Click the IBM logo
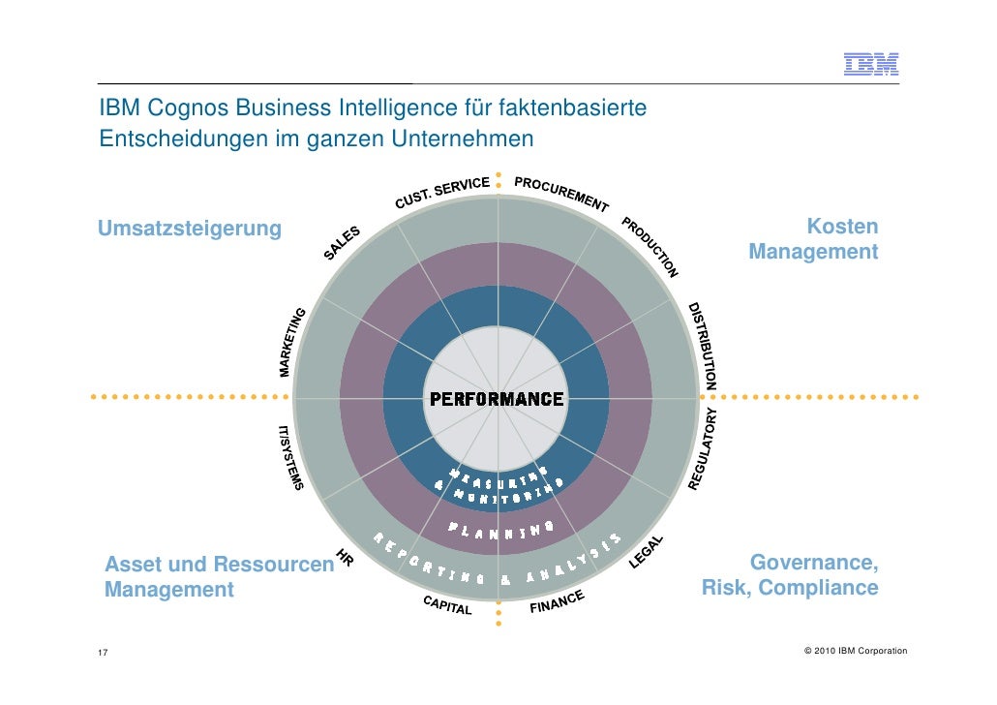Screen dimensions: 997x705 click(x=871, y=65)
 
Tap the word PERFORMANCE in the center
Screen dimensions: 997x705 click(x=497, y=399)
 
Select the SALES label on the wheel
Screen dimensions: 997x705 click(x=342, y=243)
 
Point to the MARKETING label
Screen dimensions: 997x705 click(x=292, y=341)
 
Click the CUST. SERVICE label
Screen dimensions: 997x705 click(x=441, y=191)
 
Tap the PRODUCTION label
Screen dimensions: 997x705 click(x=650, y=246)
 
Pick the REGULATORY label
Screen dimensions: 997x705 click(x=704, y=447)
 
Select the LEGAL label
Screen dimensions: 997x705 click(x=648, y=551)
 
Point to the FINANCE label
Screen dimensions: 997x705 click(x=557, y=602)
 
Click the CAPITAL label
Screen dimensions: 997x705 click(x=447, y=605)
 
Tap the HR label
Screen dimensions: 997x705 click(x=343, y=558)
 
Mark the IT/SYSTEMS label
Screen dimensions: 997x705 click(x=290, y=456)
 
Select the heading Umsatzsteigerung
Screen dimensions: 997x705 click(x=189, y=229)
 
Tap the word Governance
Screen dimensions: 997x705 click(x=814, y=563)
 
